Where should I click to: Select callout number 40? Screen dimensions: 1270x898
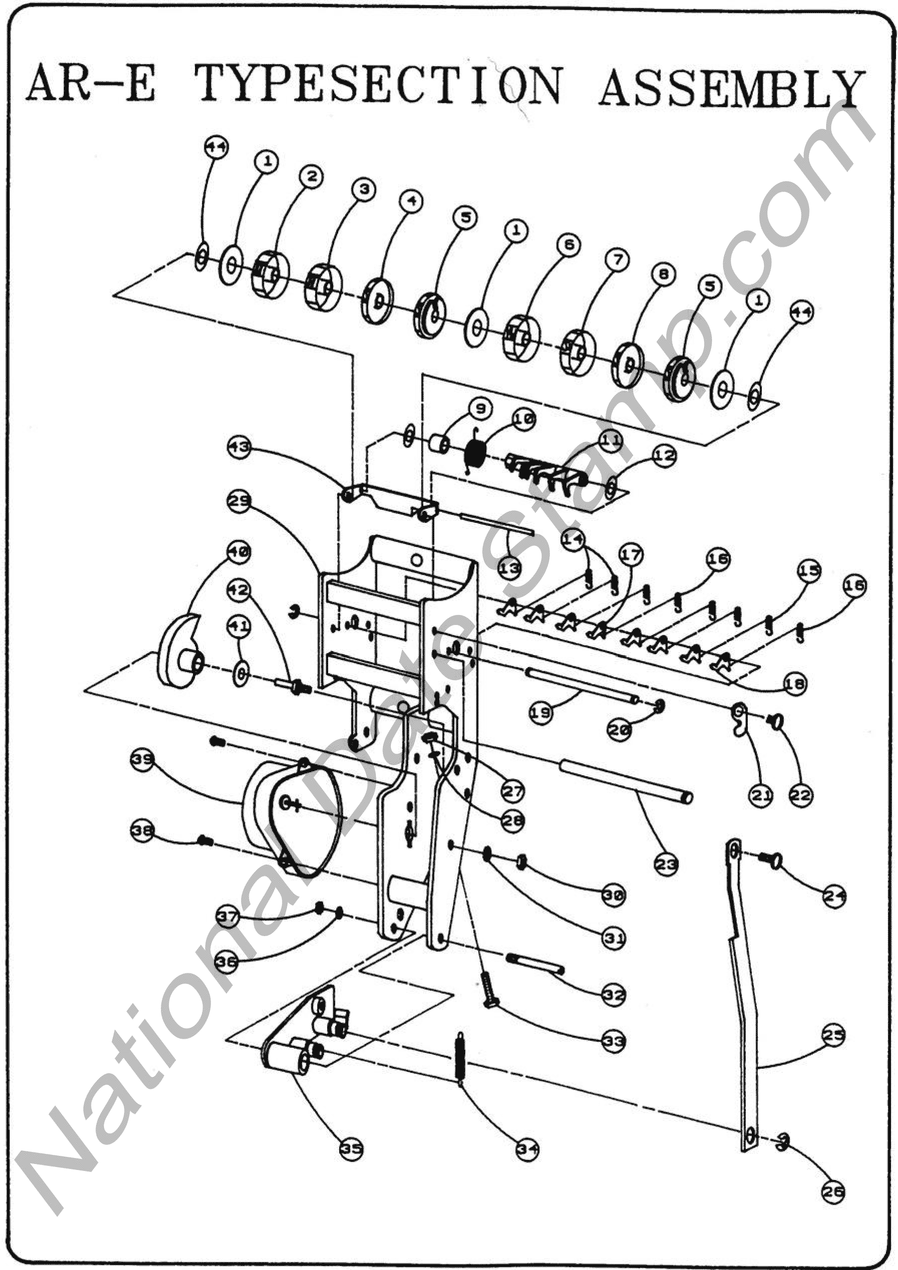pos(238,552)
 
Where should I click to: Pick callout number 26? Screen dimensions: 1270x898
pos(833,1192)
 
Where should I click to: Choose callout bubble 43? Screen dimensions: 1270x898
pos(239,446)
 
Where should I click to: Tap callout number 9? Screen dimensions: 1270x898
pos(480,409)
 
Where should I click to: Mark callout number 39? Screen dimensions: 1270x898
pos(143,760)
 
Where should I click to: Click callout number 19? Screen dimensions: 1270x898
pos(541,713)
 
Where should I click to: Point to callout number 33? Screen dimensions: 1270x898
pos(614,1041)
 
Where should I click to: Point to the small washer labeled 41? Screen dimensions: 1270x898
pos(241,673)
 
